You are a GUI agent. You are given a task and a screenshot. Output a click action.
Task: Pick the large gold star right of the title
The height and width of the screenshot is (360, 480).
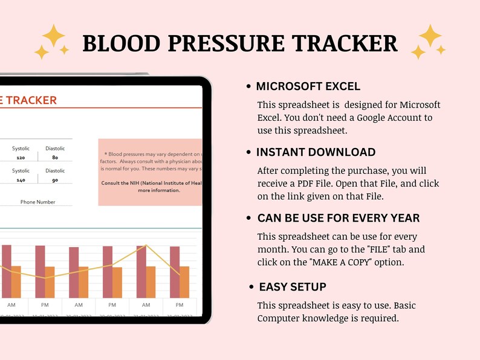pos(430,36)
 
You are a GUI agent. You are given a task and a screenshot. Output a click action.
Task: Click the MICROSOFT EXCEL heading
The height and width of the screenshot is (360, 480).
pos(308,86)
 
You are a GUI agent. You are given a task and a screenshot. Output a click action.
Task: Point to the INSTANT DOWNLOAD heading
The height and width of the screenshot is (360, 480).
pos(316,152)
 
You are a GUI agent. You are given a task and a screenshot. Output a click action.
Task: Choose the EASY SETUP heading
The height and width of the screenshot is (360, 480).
pos(292,287)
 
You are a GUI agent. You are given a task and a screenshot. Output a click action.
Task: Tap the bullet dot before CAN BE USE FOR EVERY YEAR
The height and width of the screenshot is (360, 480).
pos(249,218)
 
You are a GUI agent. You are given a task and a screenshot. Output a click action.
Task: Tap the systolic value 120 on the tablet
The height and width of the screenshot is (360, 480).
pos(21,158)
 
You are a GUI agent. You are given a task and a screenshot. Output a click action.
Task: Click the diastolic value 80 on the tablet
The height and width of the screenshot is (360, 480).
pos(55,158)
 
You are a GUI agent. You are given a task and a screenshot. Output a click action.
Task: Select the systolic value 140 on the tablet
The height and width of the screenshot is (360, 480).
pos(21,180)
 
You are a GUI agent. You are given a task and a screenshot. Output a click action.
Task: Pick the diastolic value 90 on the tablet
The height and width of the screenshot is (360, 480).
pos(55,180)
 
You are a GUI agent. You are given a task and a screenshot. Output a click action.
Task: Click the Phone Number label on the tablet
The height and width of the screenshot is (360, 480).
pos(37,202)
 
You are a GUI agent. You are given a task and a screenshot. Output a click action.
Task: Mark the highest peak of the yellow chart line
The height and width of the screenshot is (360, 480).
pos(145,245)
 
